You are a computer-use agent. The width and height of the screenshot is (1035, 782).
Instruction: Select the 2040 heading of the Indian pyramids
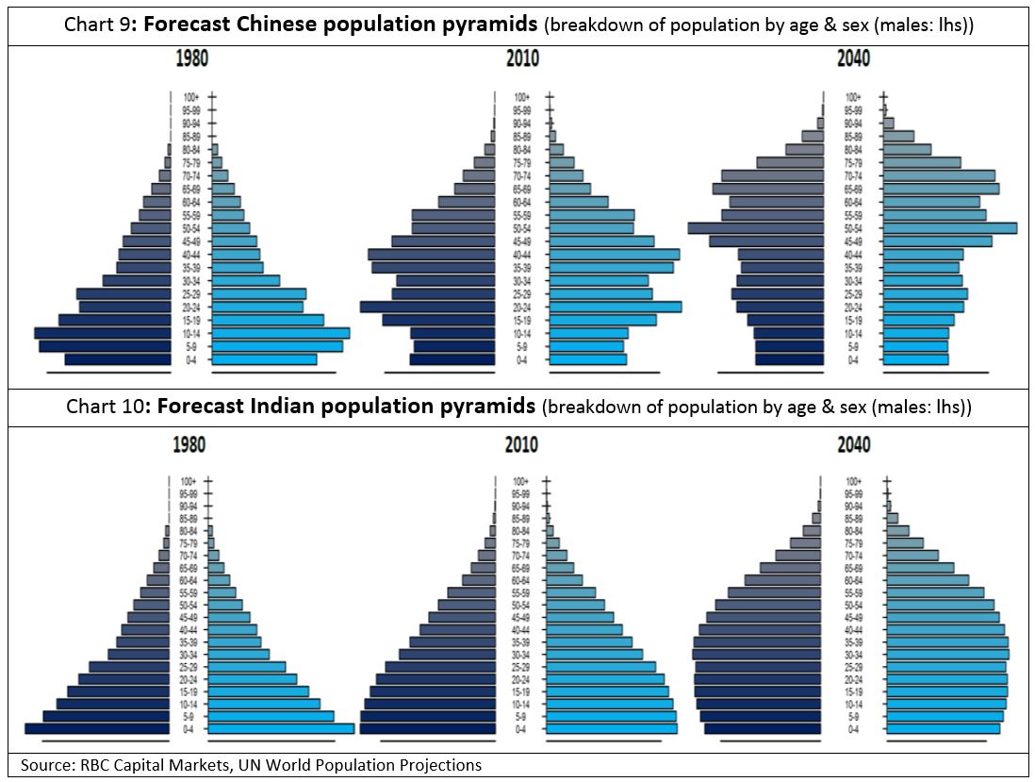853,444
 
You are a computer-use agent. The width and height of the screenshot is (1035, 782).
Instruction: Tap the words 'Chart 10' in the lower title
104,408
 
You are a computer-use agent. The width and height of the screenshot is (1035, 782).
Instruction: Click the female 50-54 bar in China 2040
947,228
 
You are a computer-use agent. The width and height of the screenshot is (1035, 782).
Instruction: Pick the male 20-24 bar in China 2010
427,307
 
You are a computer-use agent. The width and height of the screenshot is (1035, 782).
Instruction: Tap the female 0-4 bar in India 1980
281,728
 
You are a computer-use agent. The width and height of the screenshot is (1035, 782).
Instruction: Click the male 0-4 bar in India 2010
427,728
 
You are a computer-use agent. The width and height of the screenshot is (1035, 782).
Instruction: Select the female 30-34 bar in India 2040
946,654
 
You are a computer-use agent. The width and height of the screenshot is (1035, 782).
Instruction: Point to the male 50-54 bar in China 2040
756,228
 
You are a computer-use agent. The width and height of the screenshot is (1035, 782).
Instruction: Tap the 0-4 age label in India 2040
853,729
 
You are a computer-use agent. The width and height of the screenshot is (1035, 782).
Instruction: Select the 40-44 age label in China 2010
521,255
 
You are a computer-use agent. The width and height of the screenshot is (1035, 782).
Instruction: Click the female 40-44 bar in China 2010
614,255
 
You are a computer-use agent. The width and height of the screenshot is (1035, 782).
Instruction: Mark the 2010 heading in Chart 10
521,444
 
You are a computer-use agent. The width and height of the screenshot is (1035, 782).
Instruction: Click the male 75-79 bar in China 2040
790,162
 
